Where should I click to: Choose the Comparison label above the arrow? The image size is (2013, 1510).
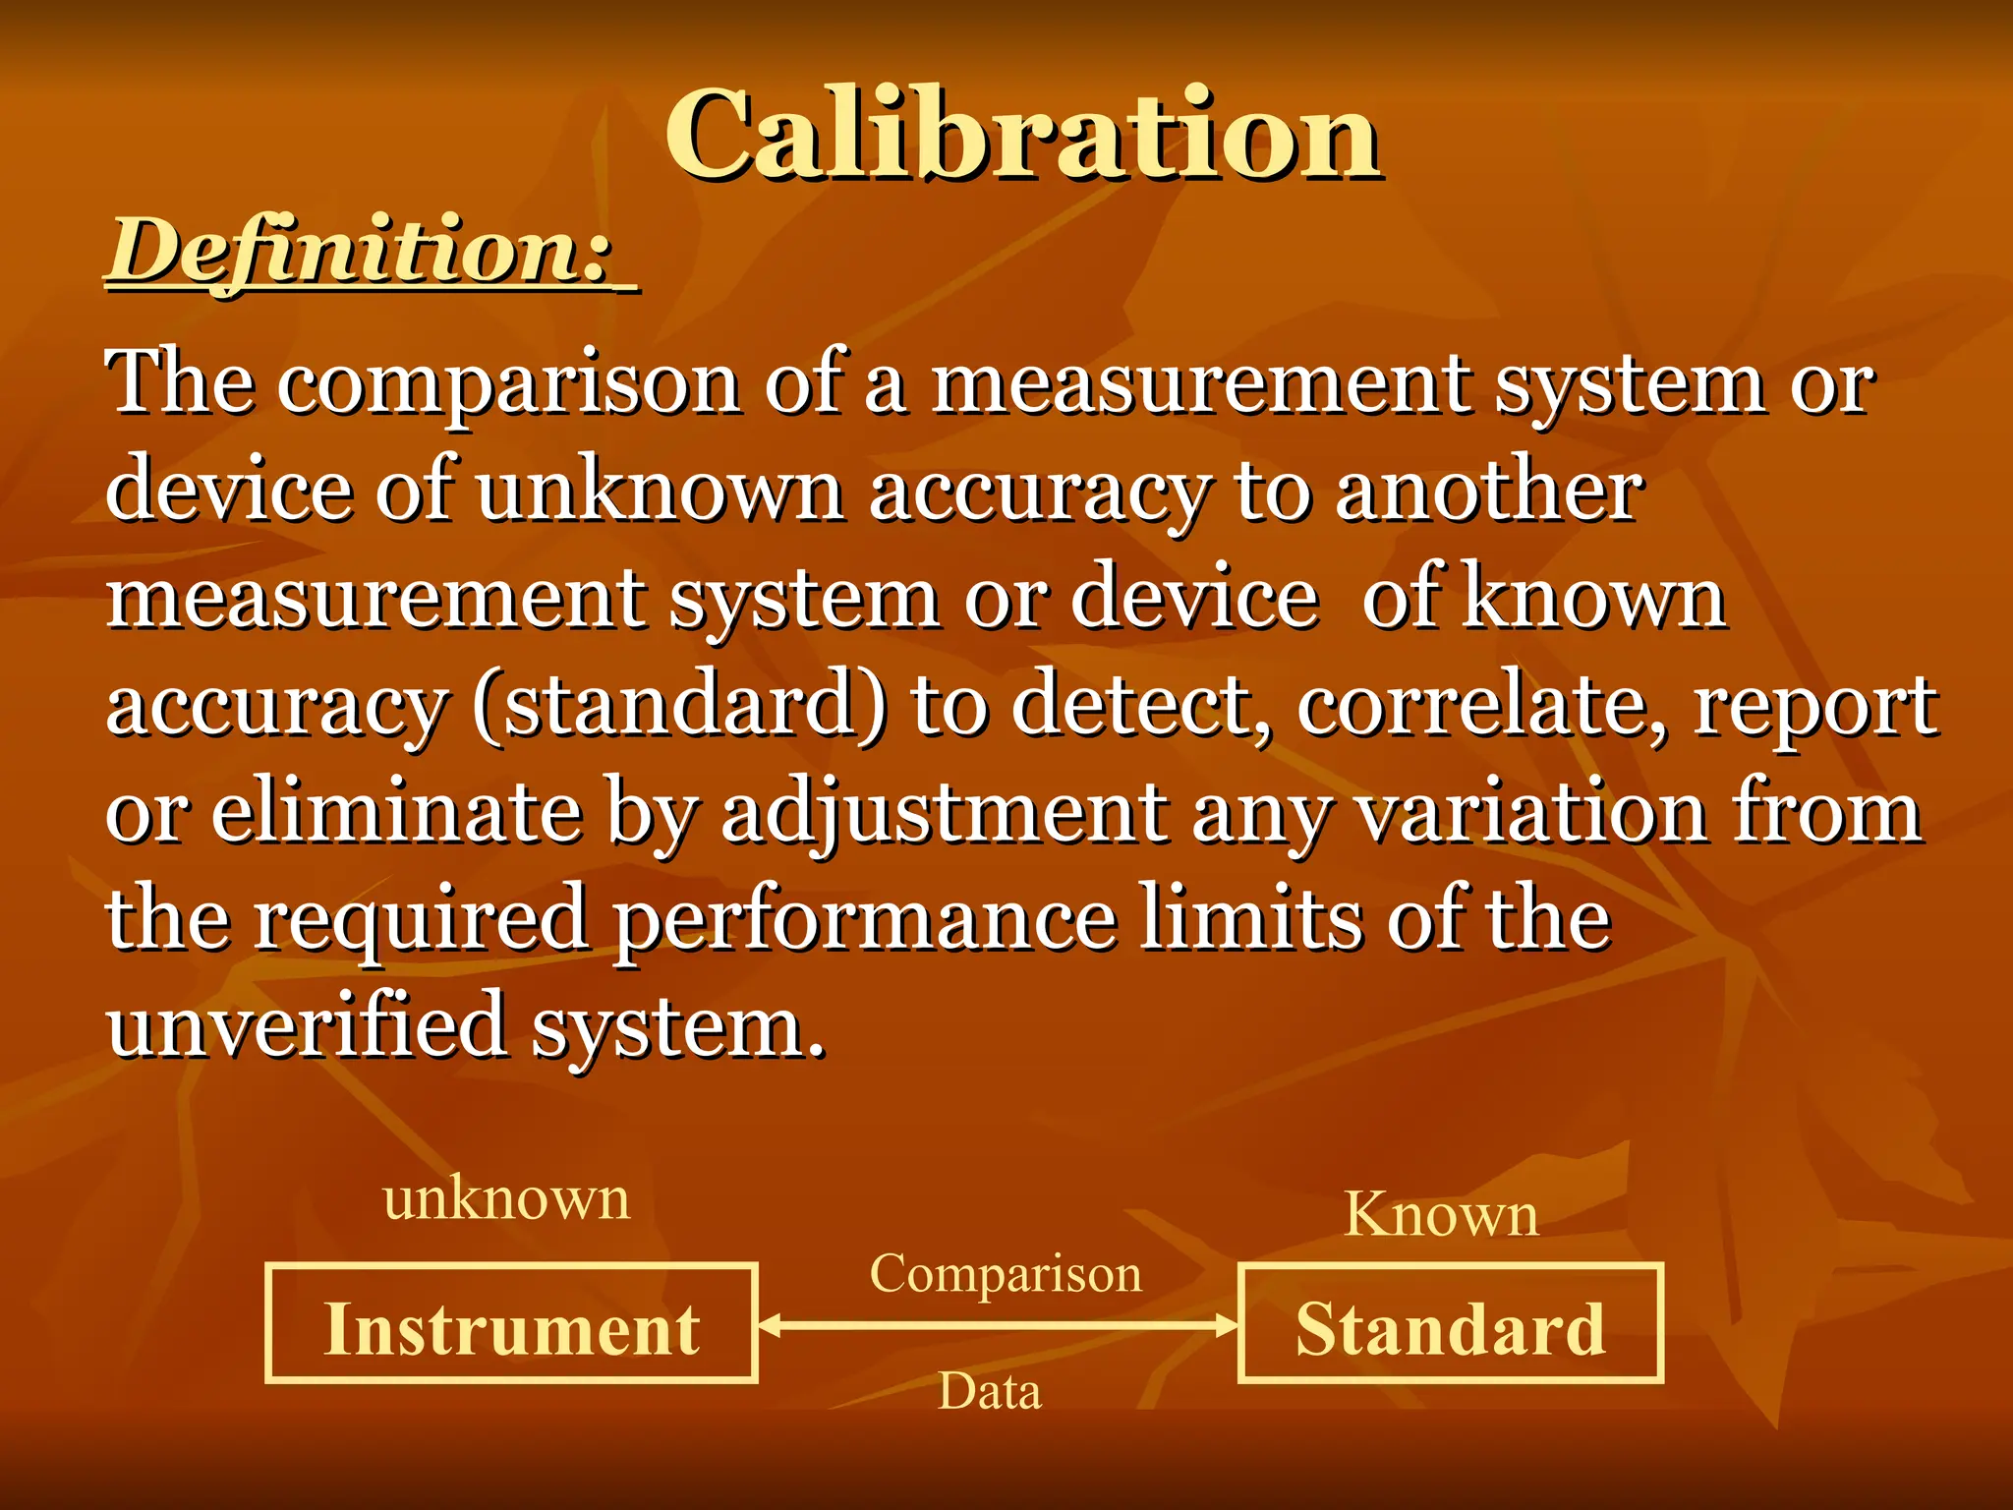click(x=1006, y=1274)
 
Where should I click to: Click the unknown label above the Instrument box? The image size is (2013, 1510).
click(x=506, y=1199)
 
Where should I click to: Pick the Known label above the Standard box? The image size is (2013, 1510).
click(x=1441, y=1215)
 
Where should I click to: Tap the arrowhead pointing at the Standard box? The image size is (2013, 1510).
click(x=1226, y=1326)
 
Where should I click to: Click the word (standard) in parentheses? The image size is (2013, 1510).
click(x=679, y=706)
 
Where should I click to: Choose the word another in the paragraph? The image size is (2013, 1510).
click(x=1488, y=490)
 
